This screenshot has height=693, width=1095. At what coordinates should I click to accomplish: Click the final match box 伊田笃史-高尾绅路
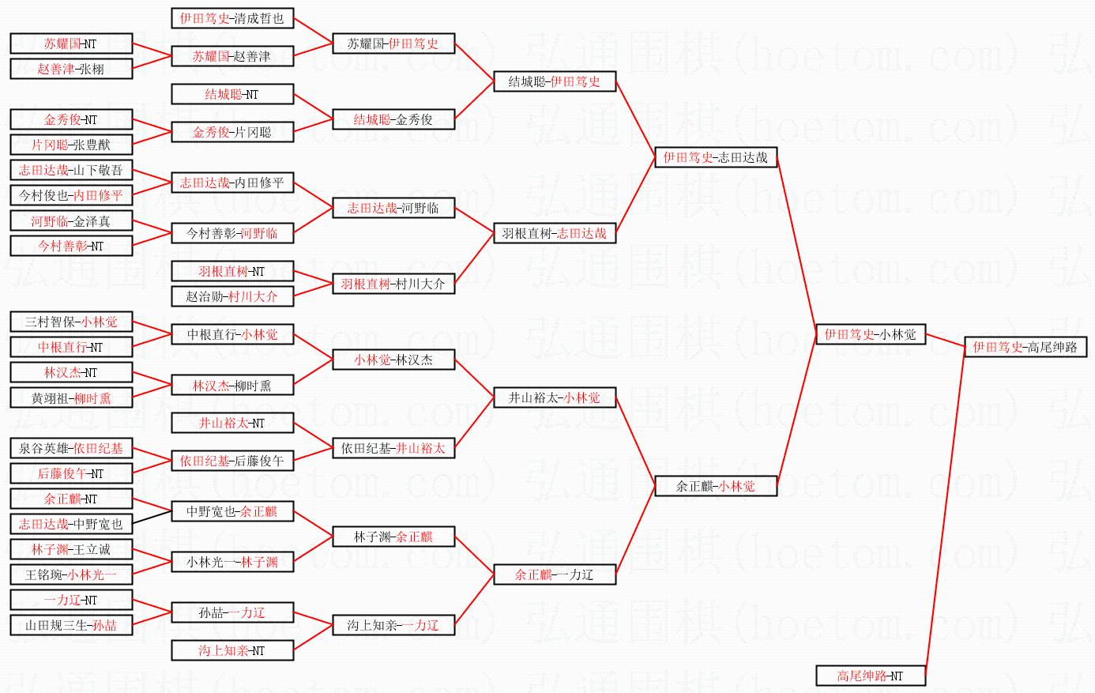coord(1025,347)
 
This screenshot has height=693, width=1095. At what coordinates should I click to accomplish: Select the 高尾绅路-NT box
coord(871,676)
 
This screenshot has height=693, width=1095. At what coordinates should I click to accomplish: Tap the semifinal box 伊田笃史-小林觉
coord(871,334)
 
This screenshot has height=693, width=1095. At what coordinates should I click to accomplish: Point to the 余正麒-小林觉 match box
coord(716,486)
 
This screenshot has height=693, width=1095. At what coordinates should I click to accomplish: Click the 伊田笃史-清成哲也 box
coord(232,19)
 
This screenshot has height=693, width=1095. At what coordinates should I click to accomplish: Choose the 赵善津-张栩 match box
coord(71,69)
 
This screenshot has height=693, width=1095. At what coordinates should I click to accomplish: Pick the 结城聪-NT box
coord(232,94)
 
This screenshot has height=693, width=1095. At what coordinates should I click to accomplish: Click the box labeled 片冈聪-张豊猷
coord(71,145)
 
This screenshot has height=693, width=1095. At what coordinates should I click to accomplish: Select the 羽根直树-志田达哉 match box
coord(555,233)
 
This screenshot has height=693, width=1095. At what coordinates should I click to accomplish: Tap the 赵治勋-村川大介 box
coord(232,296)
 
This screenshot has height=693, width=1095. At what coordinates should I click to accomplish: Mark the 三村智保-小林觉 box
coord(71,322)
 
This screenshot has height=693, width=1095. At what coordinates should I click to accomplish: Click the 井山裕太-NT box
coord(232,423)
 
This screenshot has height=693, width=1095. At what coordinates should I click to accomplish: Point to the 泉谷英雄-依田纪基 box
coord(71,449)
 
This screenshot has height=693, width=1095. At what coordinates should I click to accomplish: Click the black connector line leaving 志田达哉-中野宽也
coord(152,518)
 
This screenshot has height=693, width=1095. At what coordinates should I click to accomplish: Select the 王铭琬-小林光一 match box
coord(71,574)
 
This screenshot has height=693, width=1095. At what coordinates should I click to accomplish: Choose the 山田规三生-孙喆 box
coord(71,625)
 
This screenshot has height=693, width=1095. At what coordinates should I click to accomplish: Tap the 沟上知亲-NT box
coord(232,650)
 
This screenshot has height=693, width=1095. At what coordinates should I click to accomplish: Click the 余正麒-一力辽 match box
coord(555,574)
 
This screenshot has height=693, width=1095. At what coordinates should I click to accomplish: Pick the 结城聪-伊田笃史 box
coord(555,81)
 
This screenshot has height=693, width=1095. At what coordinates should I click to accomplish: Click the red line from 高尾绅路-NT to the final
coord(945,511)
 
